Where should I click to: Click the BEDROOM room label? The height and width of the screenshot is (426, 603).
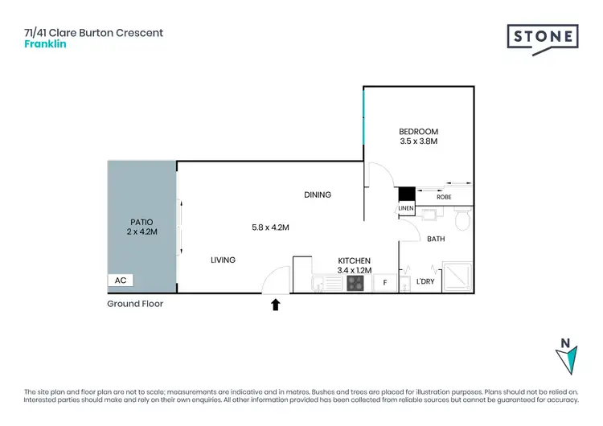[418, 132]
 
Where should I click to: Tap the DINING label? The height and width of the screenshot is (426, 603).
[318, 195]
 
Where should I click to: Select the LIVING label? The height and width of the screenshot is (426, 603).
[224, 259]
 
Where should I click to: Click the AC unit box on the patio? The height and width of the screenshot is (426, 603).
[121, 281]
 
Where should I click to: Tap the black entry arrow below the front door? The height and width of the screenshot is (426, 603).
[276, 305]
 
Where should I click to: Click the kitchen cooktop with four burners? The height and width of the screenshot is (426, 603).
[355, 283]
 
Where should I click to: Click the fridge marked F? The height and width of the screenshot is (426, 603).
[385, 283]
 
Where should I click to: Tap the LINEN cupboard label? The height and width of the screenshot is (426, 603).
[406, 209]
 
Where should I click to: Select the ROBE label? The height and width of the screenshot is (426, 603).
[443, 196]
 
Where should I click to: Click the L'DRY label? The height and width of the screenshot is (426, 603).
[425, 282]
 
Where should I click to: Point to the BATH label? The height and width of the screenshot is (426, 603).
[436, 239]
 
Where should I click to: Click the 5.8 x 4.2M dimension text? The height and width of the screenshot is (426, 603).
[270, 227]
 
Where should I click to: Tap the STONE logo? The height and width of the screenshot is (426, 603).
[543, 37]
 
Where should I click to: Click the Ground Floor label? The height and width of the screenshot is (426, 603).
[135, 304]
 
